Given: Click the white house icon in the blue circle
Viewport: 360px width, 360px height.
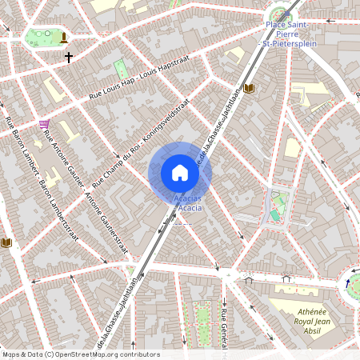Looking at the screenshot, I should [x=180, y=173].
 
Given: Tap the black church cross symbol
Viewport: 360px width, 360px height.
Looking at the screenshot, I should [x=69, y=58].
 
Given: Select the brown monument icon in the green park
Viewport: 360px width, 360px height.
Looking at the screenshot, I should [x=64, y=37].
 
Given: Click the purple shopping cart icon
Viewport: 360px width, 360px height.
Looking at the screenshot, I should [x=43, y=124].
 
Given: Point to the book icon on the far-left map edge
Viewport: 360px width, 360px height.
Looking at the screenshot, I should [x=7, y=242].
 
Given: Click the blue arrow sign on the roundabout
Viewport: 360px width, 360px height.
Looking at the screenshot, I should [x=348, y=283].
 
